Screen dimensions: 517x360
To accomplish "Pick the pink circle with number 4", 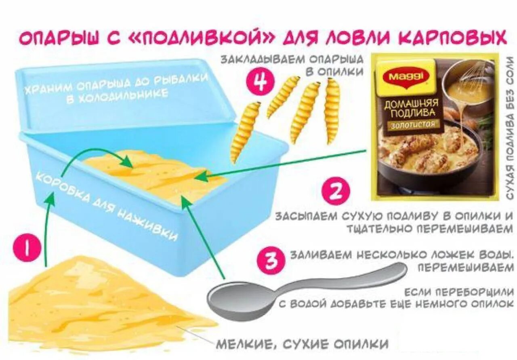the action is click(x=258, y=80).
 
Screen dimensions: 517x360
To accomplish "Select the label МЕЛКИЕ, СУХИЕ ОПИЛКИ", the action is click(x=302, y=344).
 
